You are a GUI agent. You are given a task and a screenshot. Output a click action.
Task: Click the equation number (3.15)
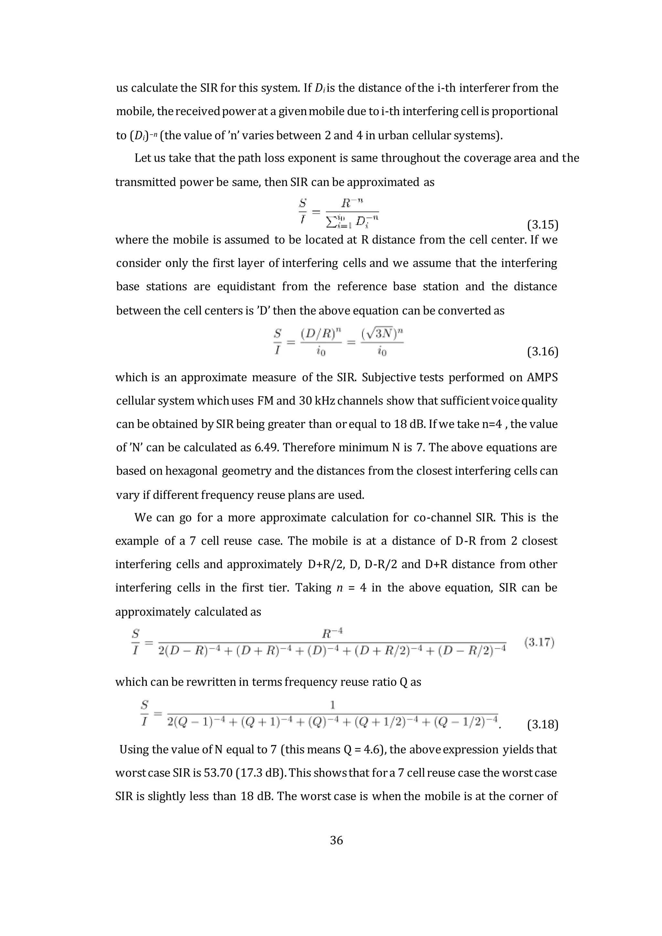pos(542,225)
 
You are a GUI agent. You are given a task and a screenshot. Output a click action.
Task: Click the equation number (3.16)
pos(542,351)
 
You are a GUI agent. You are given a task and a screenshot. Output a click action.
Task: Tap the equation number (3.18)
pos(542,724)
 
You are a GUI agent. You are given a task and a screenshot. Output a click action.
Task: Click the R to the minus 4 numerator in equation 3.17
pos(332,633)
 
